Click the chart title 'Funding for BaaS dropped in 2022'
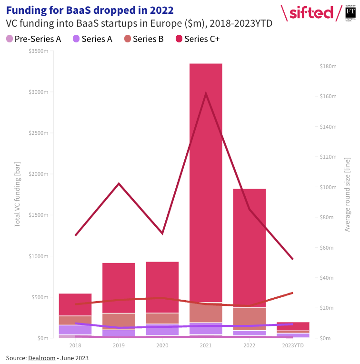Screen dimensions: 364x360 [x=90, y=10]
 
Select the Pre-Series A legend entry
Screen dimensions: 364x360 [x=33, y=39]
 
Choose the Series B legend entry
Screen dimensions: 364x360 [x=143, y=39]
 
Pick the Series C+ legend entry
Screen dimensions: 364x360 [x=197, y=39]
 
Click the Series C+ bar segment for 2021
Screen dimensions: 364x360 [x=206, y=181]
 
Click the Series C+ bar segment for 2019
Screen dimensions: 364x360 [x=119, y=288]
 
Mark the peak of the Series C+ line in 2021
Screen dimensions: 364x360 [x=206, y=93]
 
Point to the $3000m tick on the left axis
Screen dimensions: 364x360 [x=39, y=92]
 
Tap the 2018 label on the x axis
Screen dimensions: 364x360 [x=75, y=345]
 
